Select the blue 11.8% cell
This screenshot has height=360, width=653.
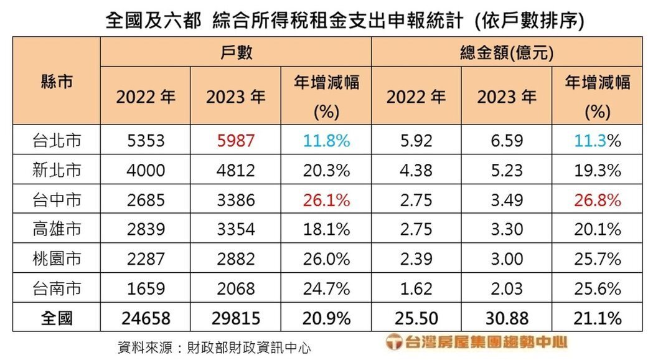click(x=326, y=141)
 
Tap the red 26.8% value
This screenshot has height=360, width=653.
click(x=596, y=201)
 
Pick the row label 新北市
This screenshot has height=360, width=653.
click(x=57, y=171)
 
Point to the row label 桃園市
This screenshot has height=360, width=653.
click(x=57, y=259)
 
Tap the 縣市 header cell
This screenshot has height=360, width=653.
click(x=57, y=82)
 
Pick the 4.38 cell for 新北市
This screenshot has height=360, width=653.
click(x=416, y=171)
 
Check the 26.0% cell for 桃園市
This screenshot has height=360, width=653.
click(x=326, y=259)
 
